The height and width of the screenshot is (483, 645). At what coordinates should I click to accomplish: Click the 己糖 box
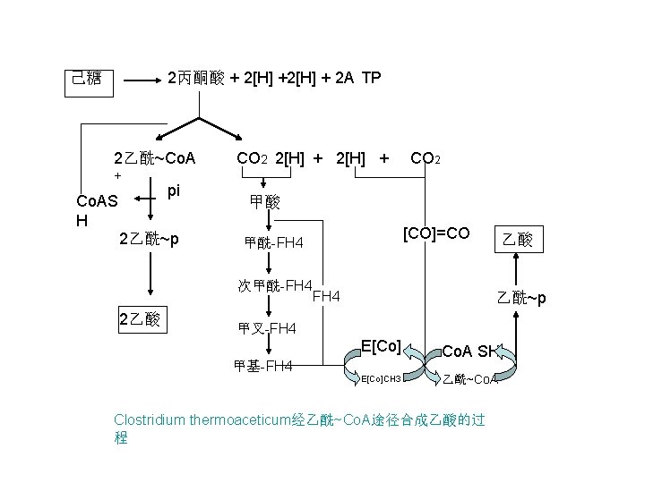[x=87, y=80]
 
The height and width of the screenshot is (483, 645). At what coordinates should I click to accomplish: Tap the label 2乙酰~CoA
[x=155, y=159]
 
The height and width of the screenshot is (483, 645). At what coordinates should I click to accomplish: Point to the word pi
[x=174, y=190]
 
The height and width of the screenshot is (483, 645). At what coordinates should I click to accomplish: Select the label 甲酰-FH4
[x=274, y=243]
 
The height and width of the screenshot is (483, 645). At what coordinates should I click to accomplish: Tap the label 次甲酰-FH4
[x=274, y=286]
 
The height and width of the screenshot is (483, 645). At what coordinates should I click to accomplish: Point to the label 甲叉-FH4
[x=267, y=329]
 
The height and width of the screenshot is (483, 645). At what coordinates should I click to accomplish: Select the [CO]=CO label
[x=436, y=233]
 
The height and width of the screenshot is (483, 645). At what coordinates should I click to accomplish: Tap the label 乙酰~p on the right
[x=520, y=297]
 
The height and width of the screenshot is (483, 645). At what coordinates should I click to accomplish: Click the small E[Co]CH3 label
[x=380, y=378]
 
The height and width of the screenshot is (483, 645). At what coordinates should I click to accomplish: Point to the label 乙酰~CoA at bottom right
[x=470, y=379]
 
